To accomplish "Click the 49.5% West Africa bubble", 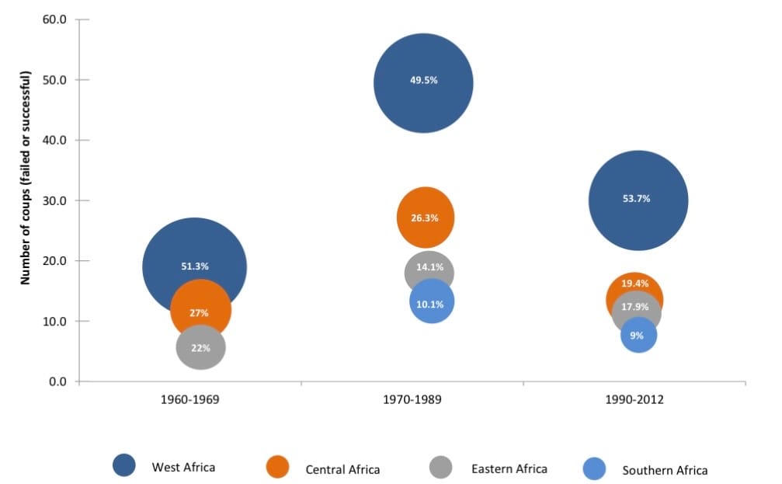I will [423, 83].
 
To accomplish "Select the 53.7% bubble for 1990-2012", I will [638, 200].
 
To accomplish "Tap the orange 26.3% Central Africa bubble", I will [425, 218].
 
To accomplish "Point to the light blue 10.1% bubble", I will [431, 303].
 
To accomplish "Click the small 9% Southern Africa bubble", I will [638, 336].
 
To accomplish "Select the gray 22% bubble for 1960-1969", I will [200, 348].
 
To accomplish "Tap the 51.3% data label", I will [194, 266].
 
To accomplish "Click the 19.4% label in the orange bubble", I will [634, 284].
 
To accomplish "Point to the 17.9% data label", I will [634, 306].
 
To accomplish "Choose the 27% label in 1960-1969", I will [199, 313].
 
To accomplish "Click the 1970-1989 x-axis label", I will [412, 401].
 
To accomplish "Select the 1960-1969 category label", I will [190, 401].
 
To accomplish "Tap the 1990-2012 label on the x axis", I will [635, 401].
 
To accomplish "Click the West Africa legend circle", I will [124, 466].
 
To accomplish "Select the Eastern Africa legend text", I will [509, 468].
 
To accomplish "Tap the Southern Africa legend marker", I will [594, 468].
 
